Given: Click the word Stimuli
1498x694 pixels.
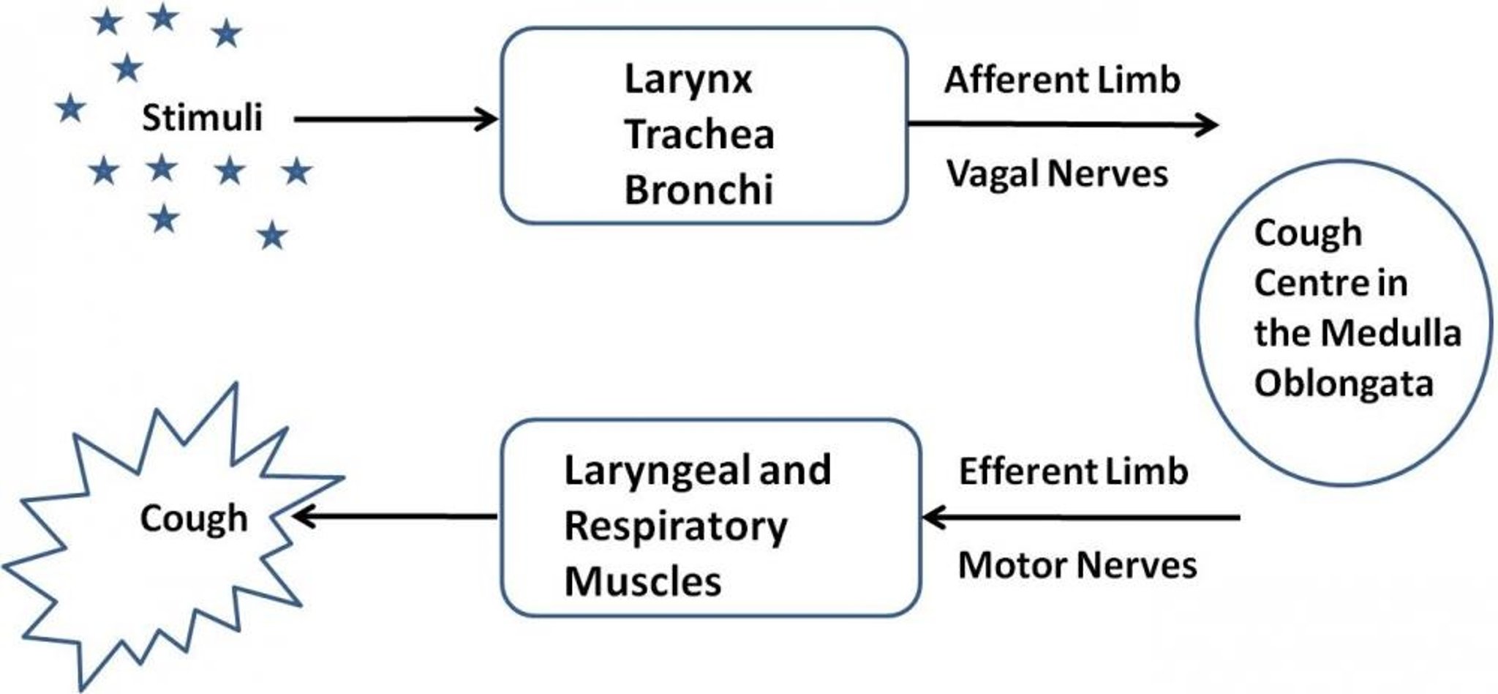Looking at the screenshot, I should tap(202, 118).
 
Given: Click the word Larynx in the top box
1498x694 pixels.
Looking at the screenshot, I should tap(688, 80).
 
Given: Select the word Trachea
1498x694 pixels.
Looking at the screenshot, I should tap(699, 135).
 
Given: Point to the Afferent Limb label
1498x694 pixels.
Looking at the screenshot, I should tap(1062, 80).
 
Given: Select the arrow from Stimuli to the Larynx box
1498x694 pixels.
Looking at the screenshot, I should tap(395, 119).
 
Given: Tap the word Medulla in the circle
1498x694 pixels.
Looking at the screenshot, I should tap(1394, 333).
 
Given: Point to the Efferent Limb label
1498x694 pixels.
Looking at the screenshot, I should tap(1073, 471).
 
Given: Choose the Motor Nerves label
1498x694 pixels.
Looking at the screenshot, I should tap(1077, 565).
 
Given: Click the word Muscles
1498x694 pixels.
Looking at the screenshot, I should tap(643, 583).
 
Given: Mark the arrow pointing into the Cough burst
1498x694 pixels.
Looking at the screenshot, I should tap(395, 517).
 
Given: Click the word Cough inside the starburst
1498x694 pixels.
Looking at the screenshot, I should tap(194, 518).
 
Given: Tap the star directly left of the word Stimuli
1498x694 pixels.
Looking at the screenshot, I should tap(71, 109).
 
